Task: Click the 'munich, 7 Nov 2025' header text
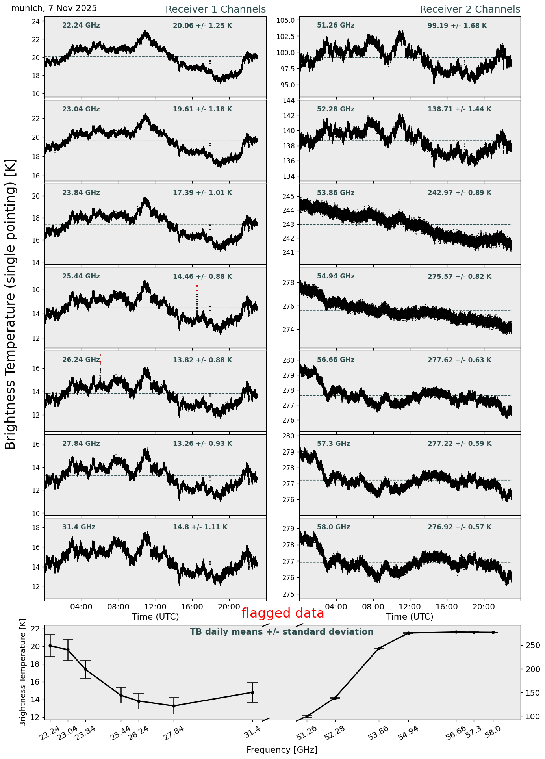tap(54, 8)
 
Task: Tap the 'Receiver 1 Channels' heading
tap(215, 9)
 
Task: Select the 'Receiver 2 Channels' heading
tap(470, 9)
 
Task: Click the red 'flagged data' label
tap(282, 613)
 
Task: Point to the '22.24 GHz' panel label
tap(81, 26)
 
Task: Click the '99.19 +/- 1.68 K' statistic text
tap(457, 26)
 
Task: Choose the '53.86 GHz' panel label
tap(336, 193)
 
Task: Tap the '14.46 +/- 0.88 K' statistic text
tap(202, 277)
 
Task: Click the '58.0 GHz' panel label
tap(333, 527)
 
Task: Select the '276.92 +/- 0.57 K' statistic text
tap(459, 527)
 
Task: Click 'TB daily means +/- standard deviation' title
tap(282, 632)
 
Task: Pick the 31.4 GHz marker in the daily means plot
tap(252, 692)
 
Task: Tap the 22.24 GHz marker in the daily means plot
tap(50, 646)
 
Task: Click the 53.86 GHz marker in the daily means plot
tap(379, 648)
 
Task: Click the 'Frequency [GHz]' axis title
tap(282, 750)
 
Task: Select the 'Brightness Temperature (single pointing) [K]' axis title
tap(10, 304)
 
